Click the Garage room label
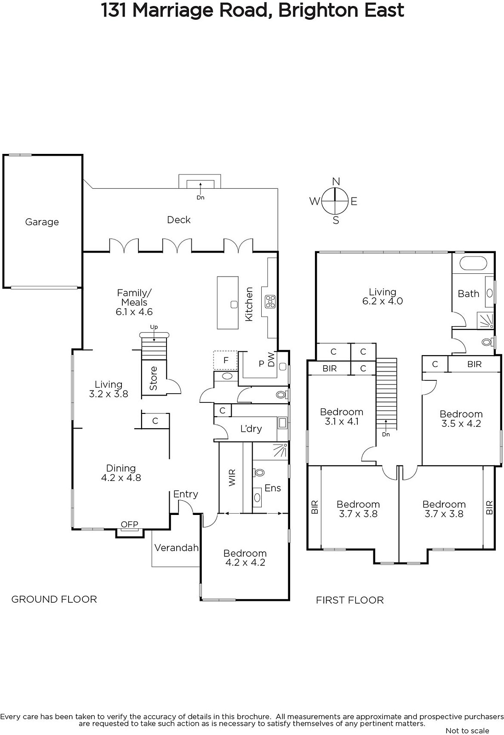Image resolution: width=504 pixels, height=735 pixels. coord(42,222)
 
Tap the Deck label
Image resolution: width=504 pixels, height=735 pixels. coord(179,220)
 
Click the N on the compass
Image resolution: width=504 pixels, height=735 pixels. coord(336,181)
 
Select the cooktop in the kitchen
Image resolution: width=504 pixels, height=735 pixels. coord(270,301)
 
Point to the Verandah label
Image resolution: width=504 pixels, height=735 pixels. coord(177,548)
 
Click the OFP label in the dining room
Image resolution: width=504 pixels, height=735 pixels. coord(130,524)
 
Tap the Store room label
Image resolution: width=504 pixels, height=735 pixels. coord(154,378)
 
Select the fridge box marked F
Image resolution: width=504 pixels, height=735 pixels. coord(225,360)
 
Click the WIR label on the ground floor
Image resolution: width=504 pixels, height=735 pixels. coord(232,478)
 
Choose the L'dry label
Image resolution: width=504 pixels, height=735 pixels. coord(251,429)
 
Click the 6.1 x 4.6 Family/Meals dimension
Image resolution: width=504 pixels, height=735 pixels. coord(134,312)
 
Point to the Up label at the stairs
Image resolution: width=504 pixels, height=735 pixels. coord(154,327)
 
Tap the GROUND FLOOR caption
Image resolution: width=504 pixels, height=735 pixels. coord(54,599)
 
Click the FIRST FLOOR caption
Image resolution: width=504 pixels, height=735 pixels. coord(350,600)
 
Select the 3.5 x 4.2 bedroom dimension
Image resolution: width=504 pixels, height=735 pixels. coord(461,424)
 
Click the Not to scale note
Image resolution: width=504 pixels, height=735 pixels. coord(467,730)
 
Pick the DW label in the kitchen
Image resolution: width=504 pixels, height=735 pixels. coord(271,360)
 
